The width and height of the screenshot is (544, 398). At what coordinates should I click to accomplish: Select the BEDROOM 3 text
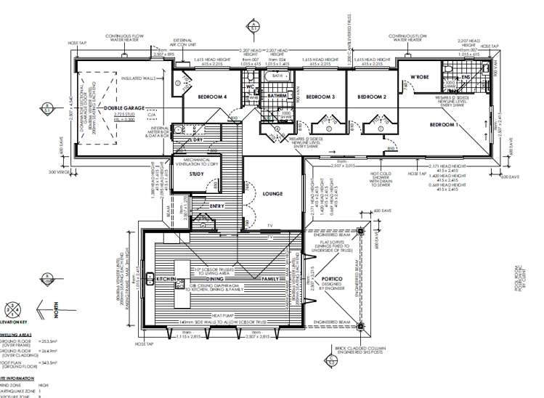coord(320,97)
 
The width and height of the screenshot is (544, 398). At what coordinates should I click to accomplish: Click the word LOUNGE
coord(274,194)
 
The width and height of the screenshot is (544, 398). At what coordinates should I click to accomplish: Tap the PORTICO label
coord(334,277)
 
